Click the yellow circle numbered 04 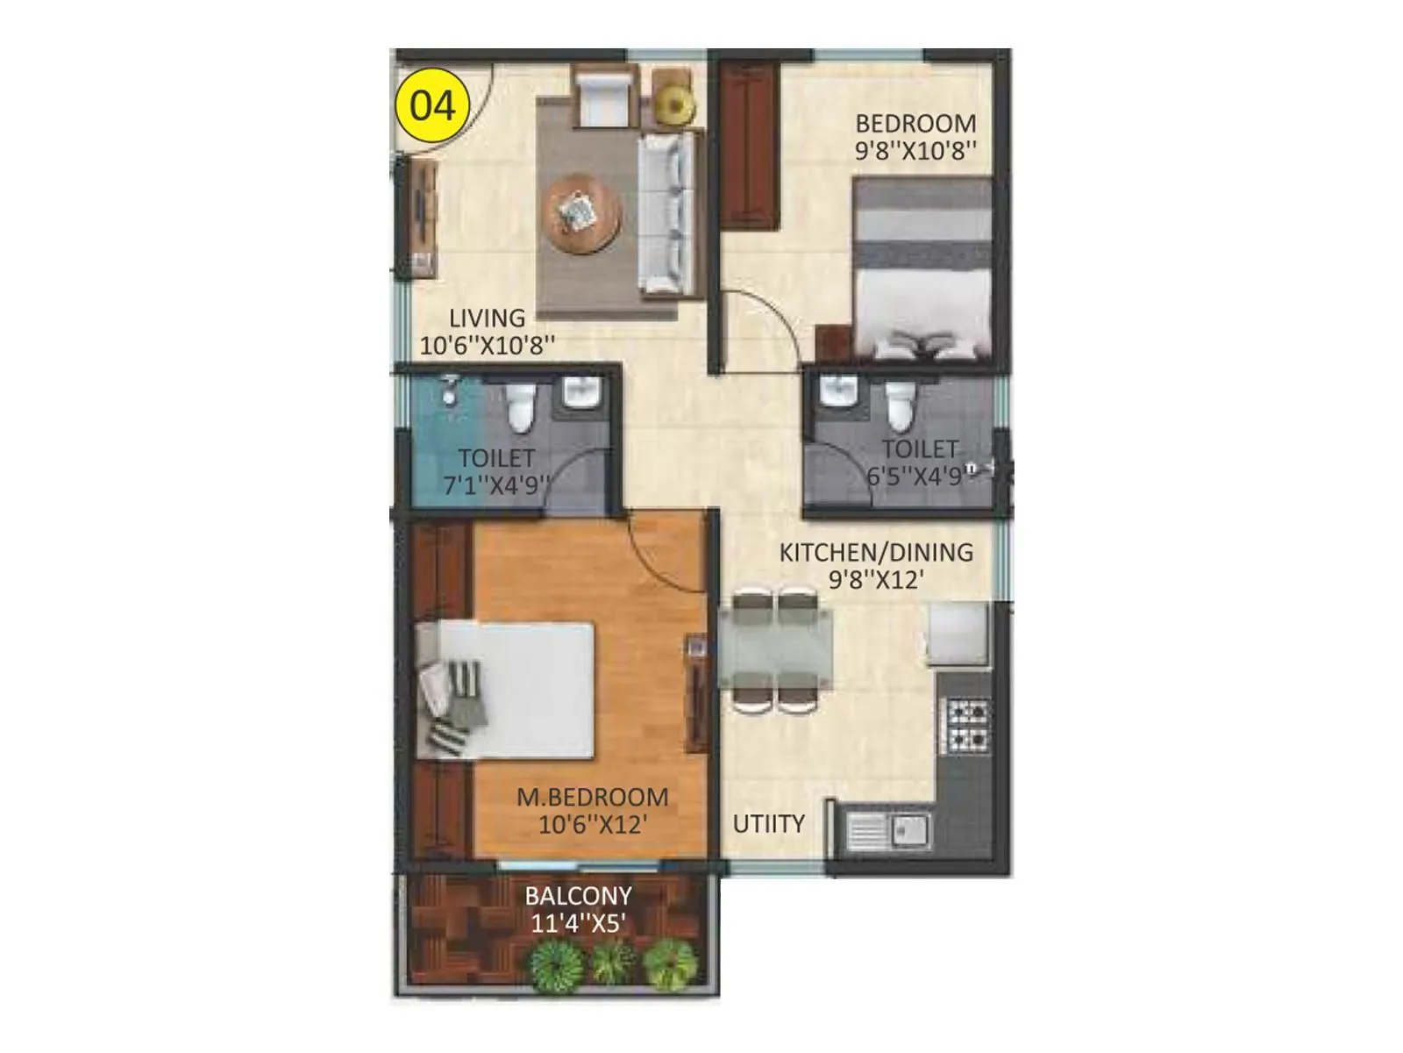click(x=433, y=106)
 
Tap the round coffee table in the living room click(x=581, y=213)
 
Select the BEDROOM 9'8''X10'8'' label click(x=915, y=137)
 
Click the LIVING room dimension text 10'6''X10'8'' click(x=488, y=345)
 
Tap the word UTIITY click(x=768, y=824)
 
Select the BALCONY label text click(x=578, y=896)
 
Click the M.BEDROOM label click(x=593, y=798)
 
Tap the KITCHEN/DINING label click(x=876, y=553)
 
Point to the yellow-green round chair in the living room click(x=675, y=104)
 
